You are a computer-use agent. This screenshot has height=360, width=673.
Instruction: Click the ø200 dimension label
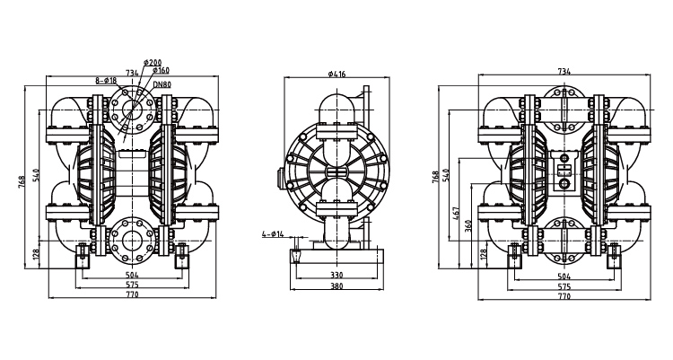click(x=153, y=63)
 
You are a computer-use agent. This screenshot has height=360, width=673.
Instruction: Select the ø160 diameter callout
click(x=161, y=70)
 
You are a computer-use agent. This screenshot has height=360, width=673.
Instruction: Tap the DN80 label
click(x=162, y=84)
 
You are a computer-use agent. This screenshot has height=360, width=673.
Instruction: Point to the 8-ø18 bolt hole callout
click(x=106, y=80)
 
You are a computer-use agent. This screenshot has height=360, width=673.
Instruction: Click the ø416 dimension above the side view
click(x=336, y=74)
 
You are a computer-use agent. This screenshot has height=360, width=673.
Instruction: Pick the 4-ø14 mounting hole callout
click(x=273, y=234)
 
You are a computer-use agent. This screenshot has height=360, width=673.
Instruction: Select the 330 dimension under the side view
click(x=336, y=275)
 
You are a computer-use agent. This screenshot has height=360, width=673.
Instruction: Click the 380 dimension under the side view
click(x=336, y=285)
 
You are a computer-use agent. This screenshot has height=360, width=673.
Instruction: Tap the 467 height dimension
click(x=456, y=214)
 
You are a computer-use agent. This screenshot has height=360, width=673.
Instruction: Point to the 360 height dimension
click(x=468, y=226)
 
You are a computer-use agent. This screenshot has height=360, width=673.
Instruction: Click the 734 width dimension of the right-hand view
click(x=564, y=72)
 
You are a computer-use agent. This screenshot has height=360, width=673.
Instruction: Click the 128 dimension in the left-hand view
click(x=36, y=254)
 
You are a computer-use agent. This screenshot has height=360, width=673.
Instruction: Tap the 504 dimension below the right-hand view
click(x=564, y=276)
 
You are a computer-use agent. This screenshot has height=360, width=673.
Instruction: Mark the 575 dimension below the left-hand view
click(x=132, y=285)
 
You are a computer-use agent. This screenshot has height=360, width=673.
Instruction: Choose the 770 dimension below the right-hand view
click(x=564, y=296)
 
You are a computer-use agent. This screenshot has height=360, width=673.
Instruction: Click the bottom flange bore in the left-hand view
click(x=132, y=241)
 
